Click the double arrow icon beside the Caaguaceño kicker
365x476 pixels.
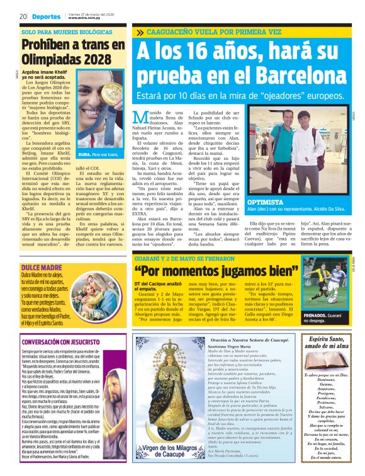point(139,31)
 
